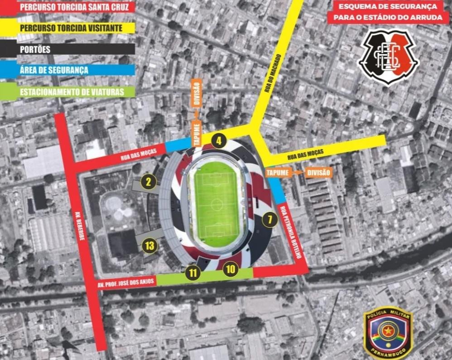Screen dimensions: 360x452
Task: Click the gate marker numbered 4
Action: (x=219, y=141)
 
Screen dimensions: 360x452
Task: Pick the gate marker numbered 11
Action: (x=193, y=273)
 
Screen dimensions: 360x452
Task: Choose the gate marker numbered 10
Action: (x=231, y=269)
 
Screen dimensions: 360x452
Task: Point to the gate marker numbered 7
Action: (x=269, y=221)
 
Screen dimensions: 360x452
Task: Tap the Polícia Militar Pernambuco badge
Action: (x=388, y=334)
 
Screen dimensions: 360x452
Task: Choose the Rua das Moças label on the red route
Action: (x=138, y=156)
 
